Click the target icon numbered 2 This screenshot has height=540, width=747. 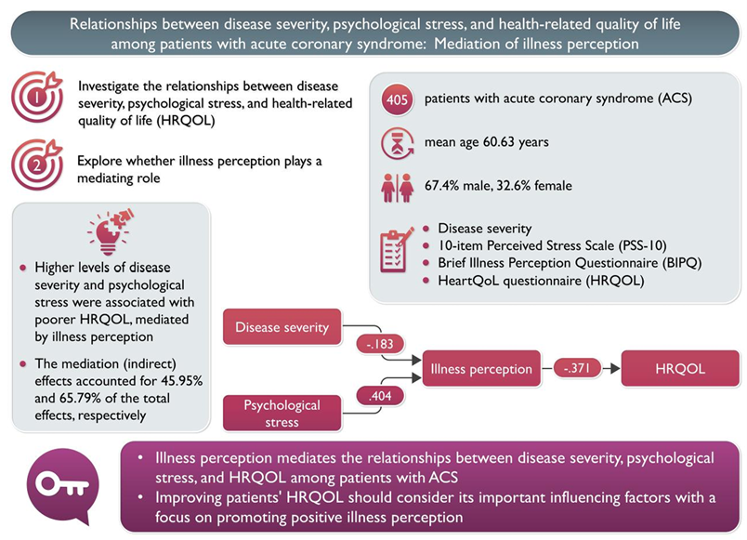tap(35, 164)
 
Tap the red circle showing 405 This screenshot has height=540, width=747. tap(398, 99)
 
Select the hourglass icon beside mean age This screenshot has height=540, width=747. tap(398, 141)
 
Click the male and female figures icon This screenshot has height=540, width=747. tap(398, 185)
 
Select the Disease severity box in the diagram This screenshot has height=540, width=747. tap(282, 327)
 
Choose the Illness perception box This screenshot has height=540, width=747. tap(481, 369)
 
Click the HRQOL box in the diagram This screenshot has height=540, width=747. tap(681, 369)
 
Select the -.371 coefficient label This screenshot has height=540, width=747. tap(576, 369)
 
